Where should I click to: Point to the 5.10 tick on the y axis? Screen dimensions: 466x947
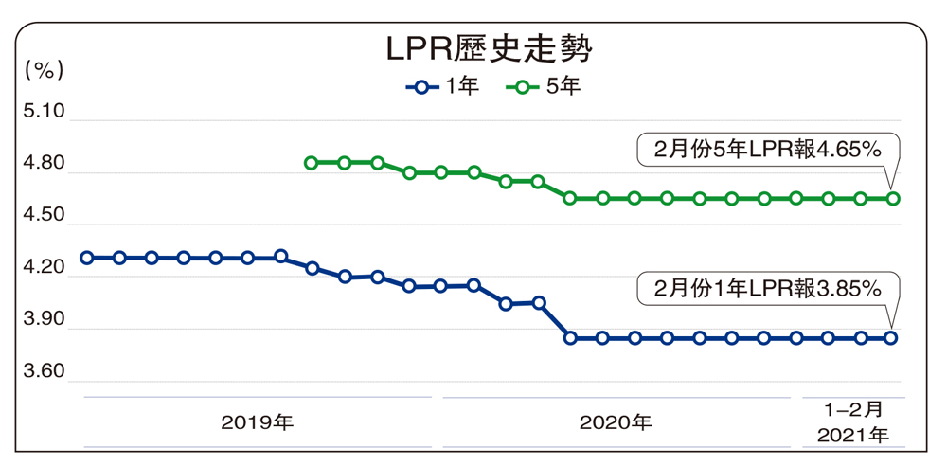click(x=44, y=112)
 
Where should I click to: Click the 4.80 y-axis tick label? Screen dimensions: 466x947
click(x=44, y=164)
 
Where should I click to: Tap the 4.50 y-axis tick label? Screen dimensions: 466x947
click(x=44, y=216)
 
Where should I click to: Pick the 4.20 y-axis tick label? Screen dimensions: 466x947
click(x=44, y=268)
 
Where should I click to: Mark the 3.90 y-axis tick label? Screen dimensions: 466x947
click(x=44, y=320)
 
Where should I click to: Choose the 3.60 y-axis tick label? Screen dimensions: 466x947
click(x=44, y=372)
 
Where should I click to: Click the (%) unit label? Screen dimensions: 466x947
click(x=44, y=68)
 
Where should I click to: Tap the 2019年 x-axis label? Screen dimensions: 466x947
click(x=258, y=421)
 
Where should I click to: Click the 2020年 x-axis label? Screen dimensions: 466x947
click(x=616, y=421)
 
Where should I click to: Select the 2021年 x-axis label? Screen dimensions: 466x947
click(x=853, y=437)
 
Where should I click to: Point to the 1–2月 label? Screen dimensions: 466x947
click(x=853, y=409)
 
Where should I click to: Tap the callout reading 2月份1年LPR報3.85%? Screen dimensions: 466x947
click(x=767, y=288)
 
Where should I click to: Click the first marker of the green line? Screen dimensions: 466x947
click(x=311, y=163)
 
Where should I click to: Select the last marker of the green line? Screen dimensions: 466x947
click(x=892, y=198)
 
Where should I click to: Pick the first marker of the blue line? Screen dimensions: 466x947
click(x=87, y=257)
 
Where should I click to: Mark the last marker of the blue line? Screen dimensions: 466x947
click(x=892, y=337)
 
